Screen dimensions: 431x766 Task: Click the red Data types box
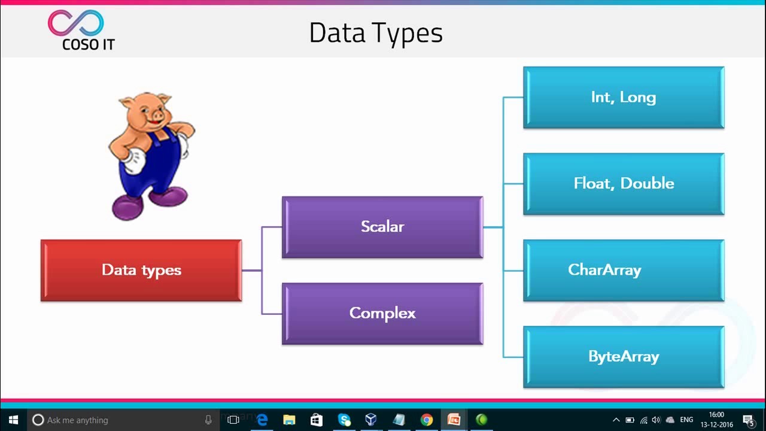tap(141, 270)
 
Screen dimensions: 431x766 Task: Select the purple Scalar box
tap(382, 227)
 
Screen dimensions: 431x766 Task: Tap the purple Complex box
tap(382, 313)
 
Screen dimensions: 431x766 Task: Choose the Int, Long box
tap(624, 97)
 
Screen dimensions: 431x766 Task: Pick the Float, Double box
tap(624, 183)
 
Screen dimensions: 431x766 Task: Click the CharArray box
tap(624, 270)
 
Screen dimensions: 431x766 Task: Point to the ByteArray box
tap(624, 357)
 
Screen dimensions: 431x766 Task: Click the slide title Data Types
tap(376, 33)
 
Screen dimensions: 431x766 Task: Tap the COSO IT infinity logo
tap(76, 23)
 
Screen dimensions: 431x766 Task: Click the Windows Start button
tap(13, 420)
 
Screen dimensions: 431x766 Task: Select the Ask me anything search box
tap(120, 420)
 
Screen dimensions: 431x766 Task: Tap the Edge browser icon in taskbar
tap(262, 420)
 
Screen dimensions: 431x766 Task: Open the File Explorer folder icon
tap(289, 420)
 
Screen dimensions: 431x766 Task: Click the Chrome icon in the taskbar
tap(426, 420)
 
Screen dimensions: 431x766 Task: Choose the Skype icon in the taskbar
tap(344, 420)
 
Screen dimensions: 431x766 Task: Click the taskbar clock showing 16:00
tap(716, 419)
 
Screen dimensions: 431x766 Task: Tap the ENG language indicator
tap(686, 420)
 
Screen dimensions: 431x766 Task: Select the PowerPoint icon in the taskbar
tap(454, 420)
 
